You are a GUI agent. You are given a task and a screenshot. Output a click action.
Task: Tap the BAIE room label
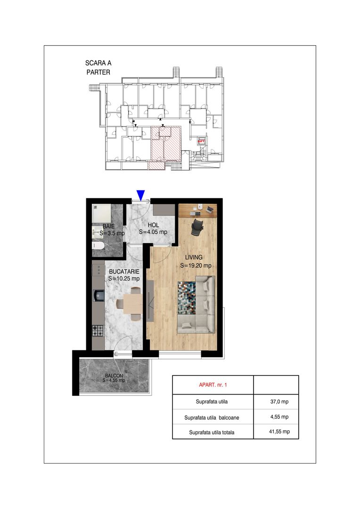108,226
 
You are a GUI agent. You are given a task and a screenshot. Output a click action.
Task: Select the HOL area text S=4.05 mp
153,232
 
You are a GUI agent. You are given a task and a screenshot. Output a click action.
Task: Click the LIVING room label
194,257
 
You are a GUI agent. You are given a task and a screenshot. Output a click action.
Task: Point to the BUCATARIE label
124,272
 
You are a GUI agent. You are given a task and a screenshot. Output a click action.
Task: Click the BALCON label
114,376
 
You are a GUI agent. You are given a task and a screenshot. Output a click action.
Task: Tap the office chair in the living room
196,227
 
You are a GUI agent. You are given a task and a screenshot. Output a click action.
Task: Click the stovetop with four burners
98,331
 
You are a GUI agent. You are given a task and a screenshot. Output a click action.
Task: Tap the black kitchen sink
98,296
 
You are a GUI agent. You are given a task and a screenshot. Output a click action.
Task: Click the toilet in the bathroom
98,246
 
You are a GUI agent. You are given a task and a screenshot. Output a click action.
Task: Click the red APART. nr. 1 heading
213,385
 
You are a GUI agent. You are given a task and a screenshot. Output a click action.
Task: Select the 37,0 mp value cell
279,402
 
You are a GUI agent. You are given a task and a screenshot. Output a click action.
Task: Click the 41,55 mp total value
279,432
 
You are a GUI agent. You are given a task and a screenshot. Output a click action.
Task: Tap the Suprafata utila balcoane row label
212,418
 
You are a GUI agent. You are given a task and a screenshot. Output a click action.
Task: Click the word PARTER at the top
98,73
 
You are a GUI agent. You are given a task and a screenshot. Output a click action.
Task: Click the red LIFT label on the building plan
201,141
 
